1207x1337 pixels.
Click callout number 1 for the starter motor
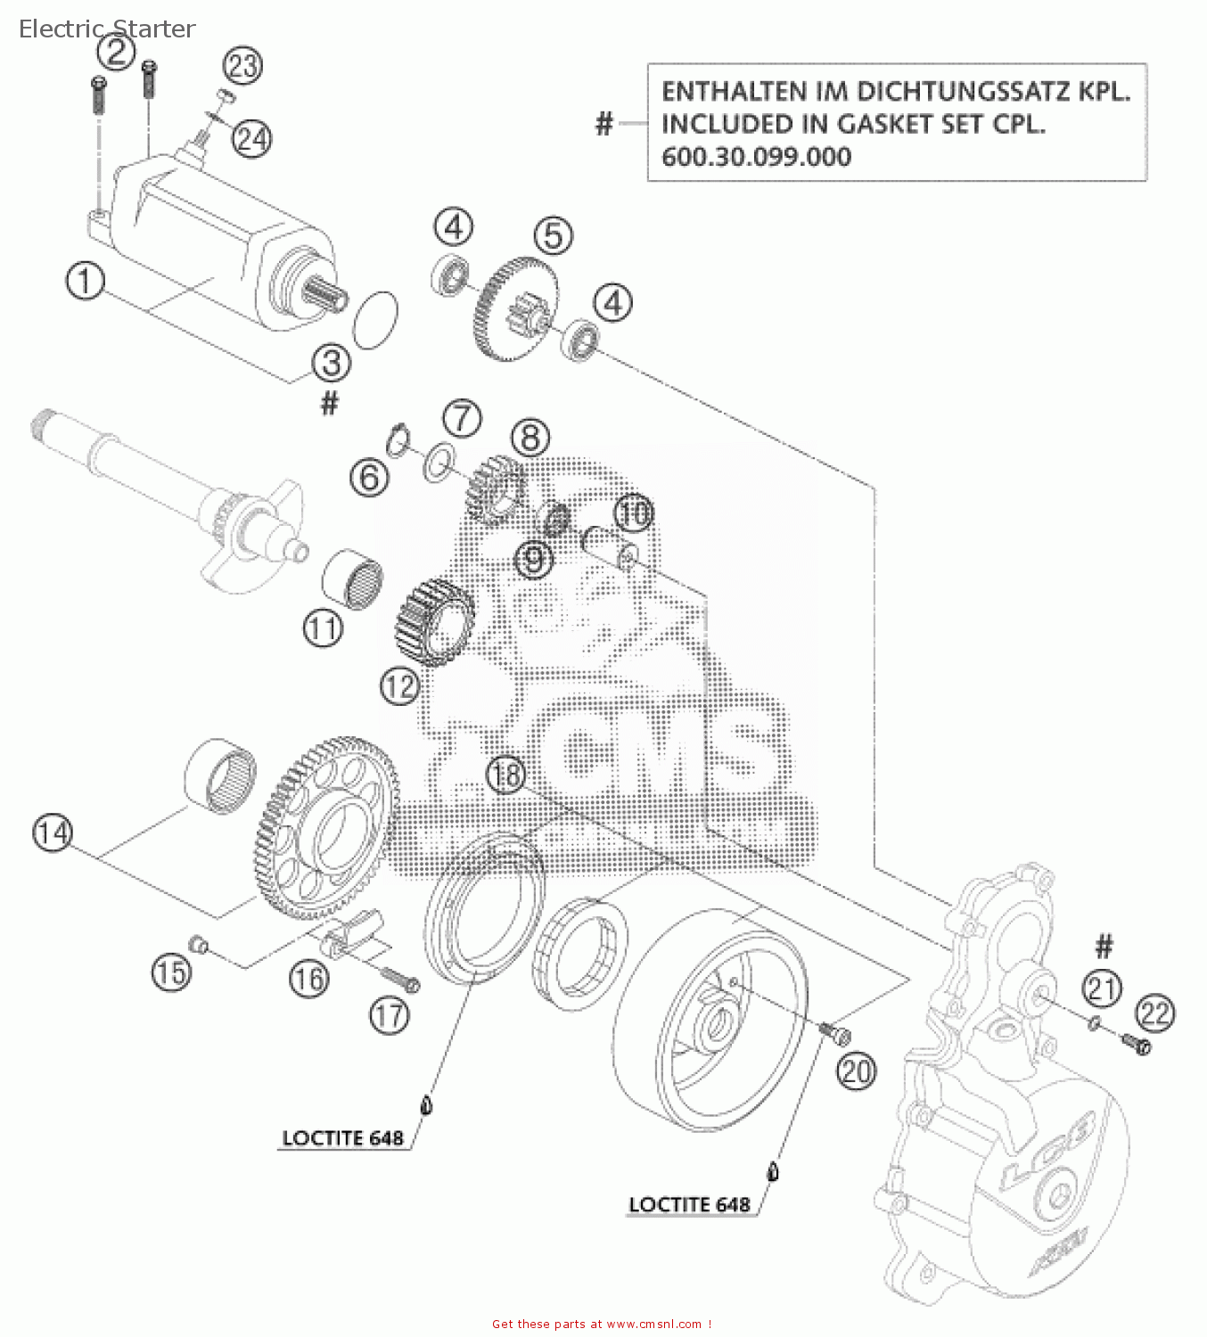click(x=85, y=282)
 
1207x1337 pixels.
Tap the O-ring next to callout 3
click(x=375, y=320)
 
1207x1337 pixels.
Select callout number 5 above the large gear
click(x=554, y=236)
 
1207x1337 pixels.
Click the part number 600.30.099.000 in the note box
click(x=756, y=157)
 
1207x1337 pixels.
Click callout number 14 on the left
click(x=53, y=833)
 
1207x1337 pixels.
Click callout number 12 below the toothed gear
click(x=399, y=686)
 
